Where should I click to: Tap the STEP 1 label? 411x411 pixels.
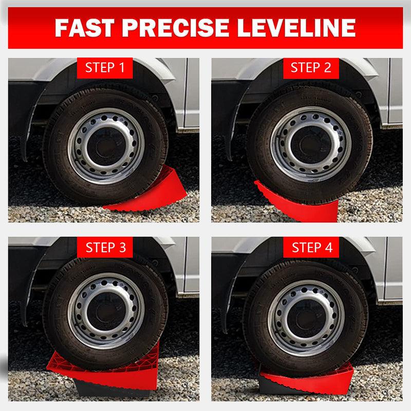pyautogui.click(x=105, y=67)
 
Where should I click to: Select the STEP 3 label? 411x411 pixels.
pyautogui.click(x=105, y=247)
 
